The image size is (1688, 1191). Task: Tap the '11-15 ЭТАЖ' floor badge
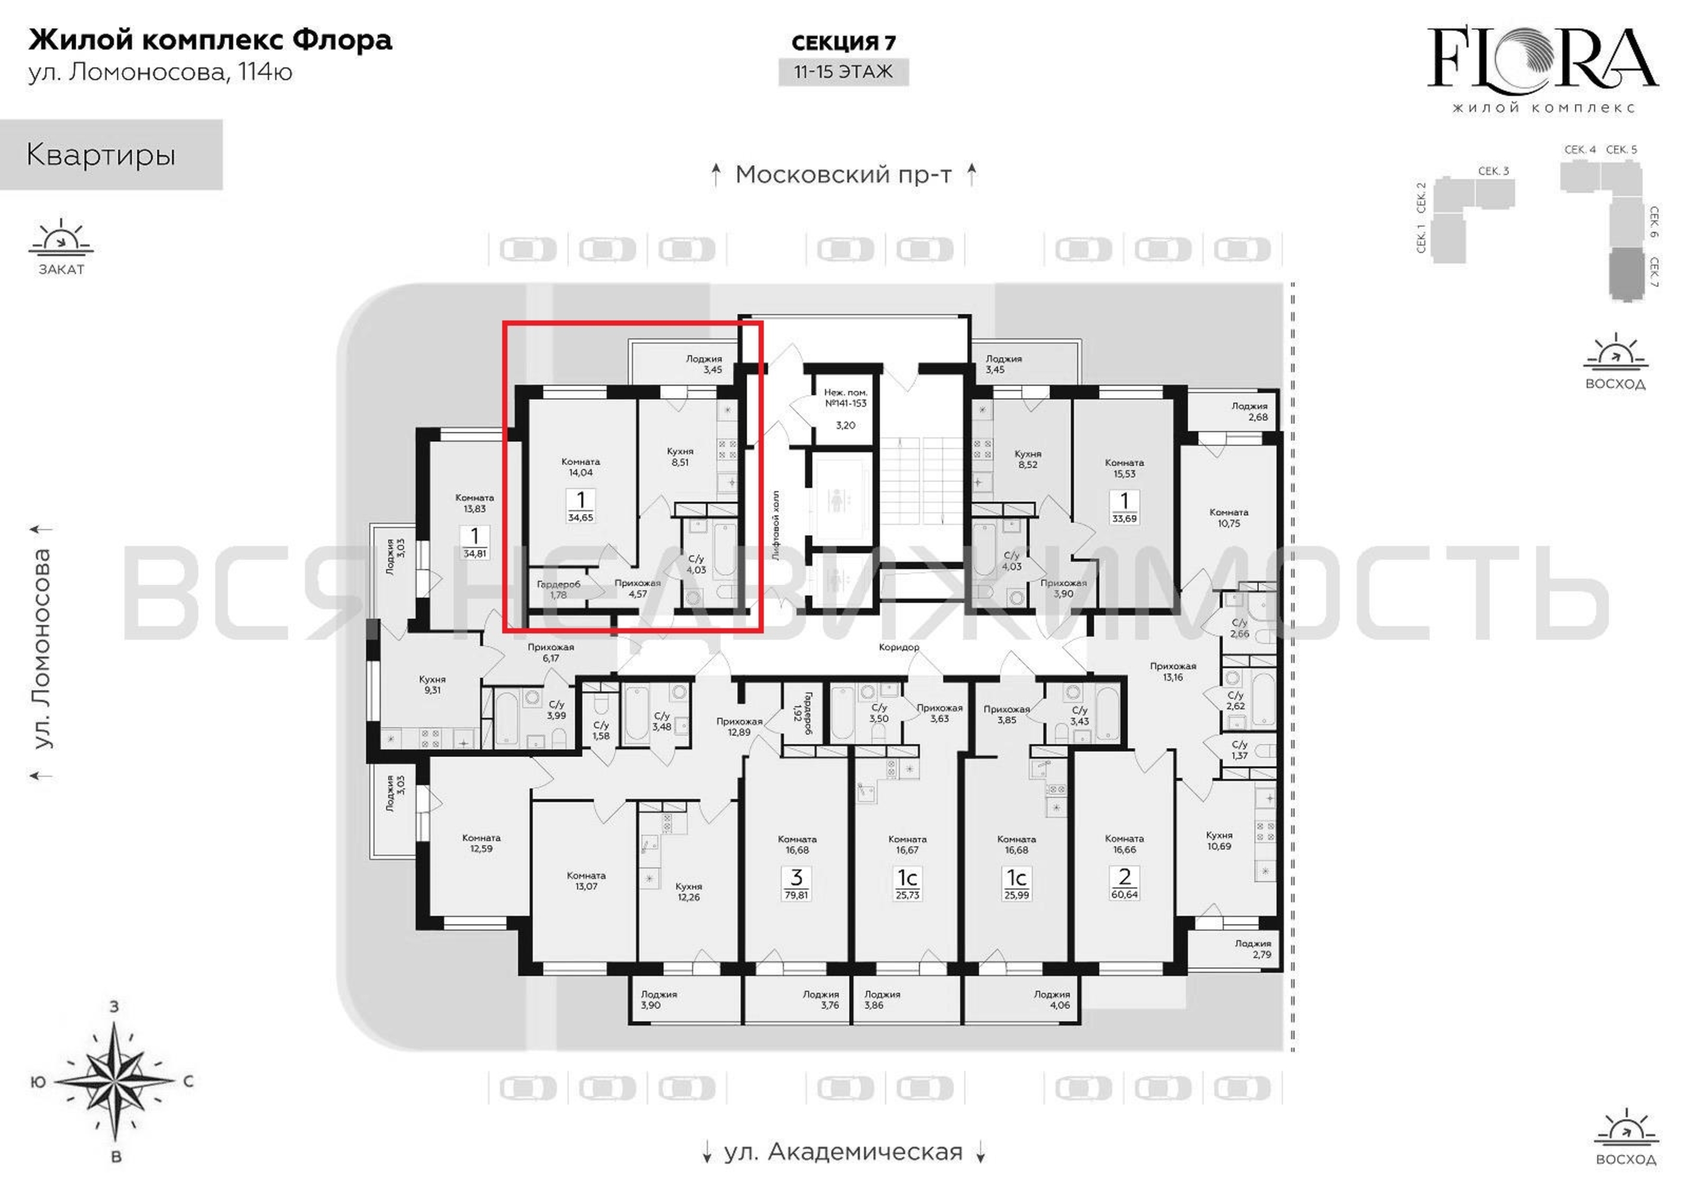coord(843,72)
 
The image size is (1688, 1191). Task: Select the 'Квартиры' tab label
coord(101,155)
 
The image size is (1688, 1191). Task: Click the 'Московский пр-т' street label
coord(843,175)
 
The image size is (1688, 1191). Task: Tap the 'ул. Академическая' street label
coord(843,1151)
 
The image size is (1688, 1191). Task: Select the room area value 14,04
coord(580,472)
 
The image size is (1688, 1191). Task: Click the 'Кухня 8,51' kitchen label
coord(680,457)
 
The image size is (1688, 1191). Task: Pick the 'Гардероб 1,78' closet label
coord(558,590)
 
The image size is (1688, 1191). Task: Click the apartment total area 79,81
coord(796,895)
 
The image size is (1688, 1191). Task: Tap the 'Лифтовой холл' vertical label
coord(775,526)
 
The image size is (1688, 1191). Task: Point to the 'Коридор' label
coord(898,647)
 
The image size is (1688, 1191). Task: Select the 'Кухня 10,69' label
coord(1219,840)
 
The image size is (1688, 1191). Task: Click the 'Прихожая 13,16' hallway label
coord(1172,672)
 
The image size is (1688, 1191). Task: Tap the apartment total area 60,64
coord(1124,895)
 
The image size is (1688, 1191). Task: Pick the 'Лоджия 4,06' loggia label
coord(1052,999)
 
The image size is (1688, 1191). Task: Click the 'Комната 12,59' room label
coord(482,843)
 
